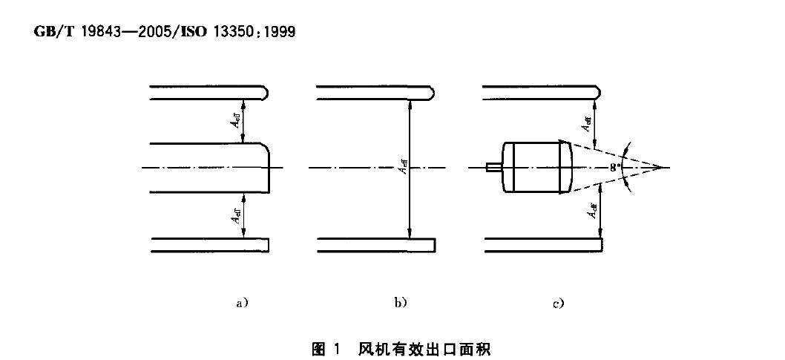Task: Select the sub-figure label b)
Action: (401, 303)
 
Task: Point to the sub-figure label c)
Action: (559, 303)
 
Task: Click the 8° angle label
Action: (615, 168)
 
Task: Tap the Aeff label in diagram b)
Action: (401, 168)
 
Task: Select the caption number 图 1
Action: (326, 347)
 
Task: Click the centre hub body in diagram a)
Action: (208, 168)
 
